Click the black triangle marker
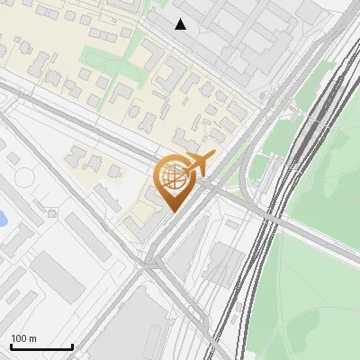click(x=181, y=24)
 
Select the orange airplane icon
click(x=197, y=163)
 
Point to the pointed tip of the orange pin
click(x=172, y=211)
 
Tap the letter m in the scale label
click(x=32, y=338)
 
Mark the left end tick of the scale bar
click(x=11, y=346)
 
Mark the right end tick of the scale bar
click(x=73, y=346)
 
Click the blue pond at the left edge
click(x=3, y=218)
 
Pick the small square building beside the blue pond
click(x=52, y=214)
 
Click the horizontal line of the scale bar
click(x=41, y=347)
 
